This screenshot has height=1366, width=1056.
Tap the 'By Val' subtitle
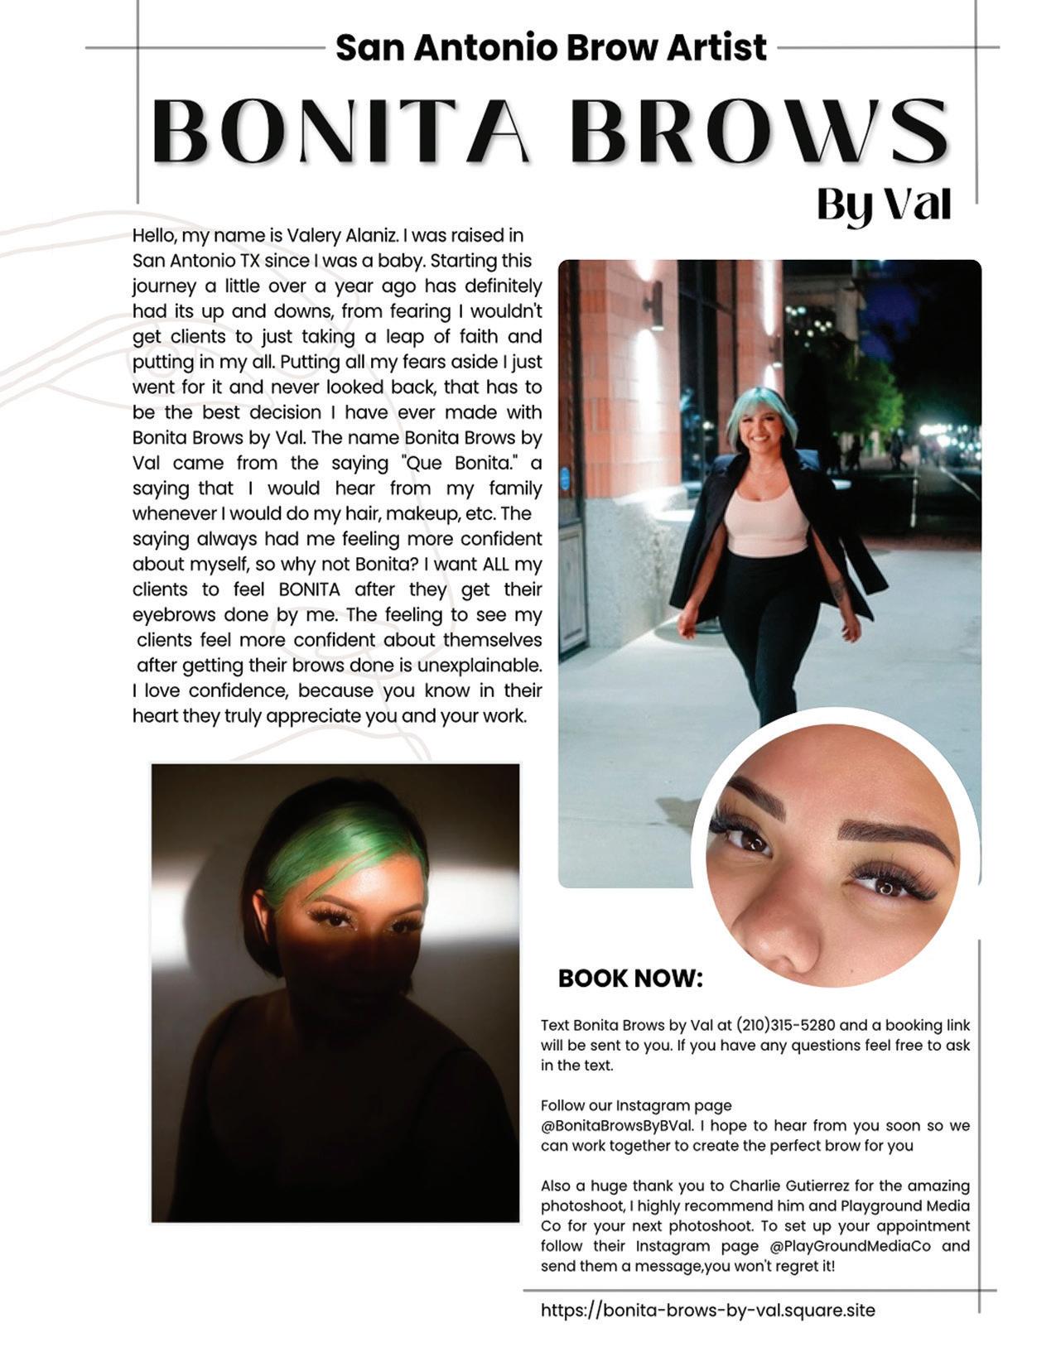883,204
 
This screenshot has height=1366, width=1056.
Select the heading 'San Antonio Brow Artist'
551,47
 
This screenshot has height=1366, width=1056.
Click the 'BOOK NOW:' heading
630,978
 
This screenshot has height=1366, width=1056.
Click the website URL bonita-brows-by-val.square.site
708,1310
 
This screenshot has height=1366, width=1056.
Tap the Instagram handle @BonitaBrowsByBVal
618,1126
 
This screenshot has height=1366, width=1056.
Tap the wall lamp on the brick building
655,302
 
